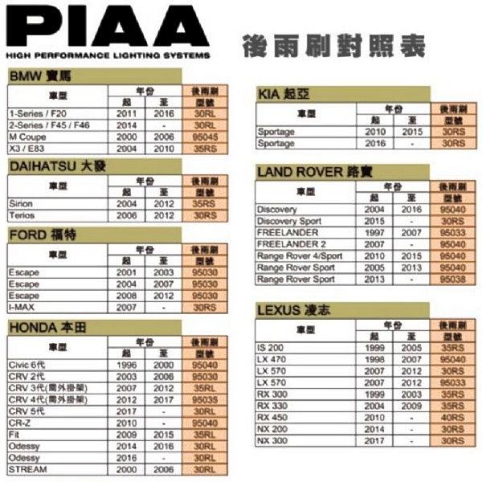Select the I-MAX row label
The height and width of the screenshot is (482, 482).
(22, 307)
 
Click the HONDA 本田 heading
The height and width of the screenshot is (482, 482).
(47, 327)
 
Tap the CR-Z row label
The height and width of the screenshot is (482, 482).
(22, 422)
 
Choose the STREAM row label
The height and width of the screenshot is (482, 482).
(27, 468)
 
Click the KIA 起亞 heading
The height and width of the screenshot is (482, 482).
(284, 94)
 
